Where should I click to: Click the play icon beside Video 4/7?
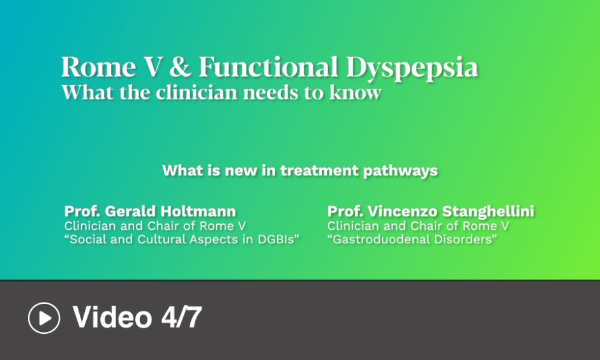tap(44, 318)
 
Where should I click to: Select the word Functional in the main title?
tap(269, 66)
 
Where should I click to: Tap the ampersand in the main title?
tap(180, 66)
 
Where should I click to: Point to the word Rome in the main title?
tap(99, 66)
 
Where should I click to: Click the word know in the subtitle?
tap(356, 92)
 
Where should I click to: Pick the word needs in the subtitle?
tap(271, 93)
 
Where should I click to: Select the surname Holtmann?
tap(198, 211)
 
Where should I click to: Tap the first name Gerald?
tap(130, 211)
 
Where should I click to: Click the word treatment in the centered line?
tap(319, 170)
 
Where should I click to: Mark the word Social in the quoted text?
tap(86, 239)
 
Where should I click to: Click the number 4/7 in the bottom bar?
tap(181, 317)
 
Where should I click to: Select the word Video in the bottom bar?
tap(112, 317)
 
